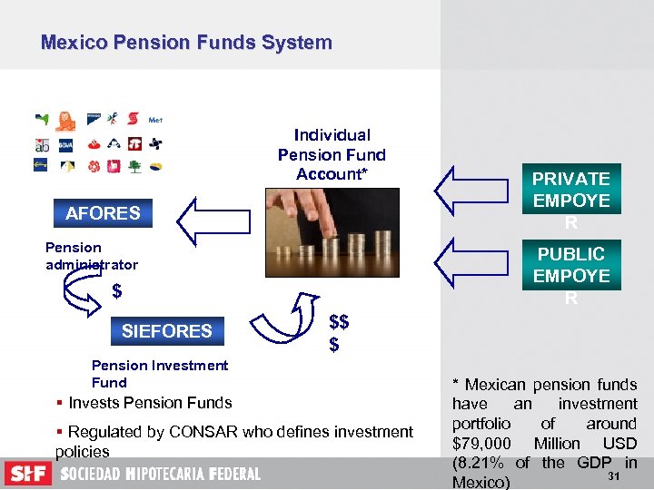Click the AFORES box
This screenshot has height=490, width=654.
coord(103,213)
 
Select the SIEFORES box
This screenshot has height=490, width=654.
coord(166,331)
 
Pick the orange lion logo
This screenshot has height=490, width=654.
coord(65,121)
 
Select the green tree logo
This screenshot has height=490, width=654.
coord(134,167)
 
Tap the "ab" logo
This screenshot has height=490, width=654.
coord(42,144)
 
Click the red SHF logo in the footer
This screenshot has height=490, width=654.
coord(27,474)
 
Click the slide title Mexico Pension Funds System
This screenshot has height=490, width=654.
coord(186,43)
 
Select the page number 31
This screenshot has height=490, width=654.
coord(612,476)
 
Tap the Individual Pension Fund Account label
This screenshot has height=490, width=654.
coord(332,154)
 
